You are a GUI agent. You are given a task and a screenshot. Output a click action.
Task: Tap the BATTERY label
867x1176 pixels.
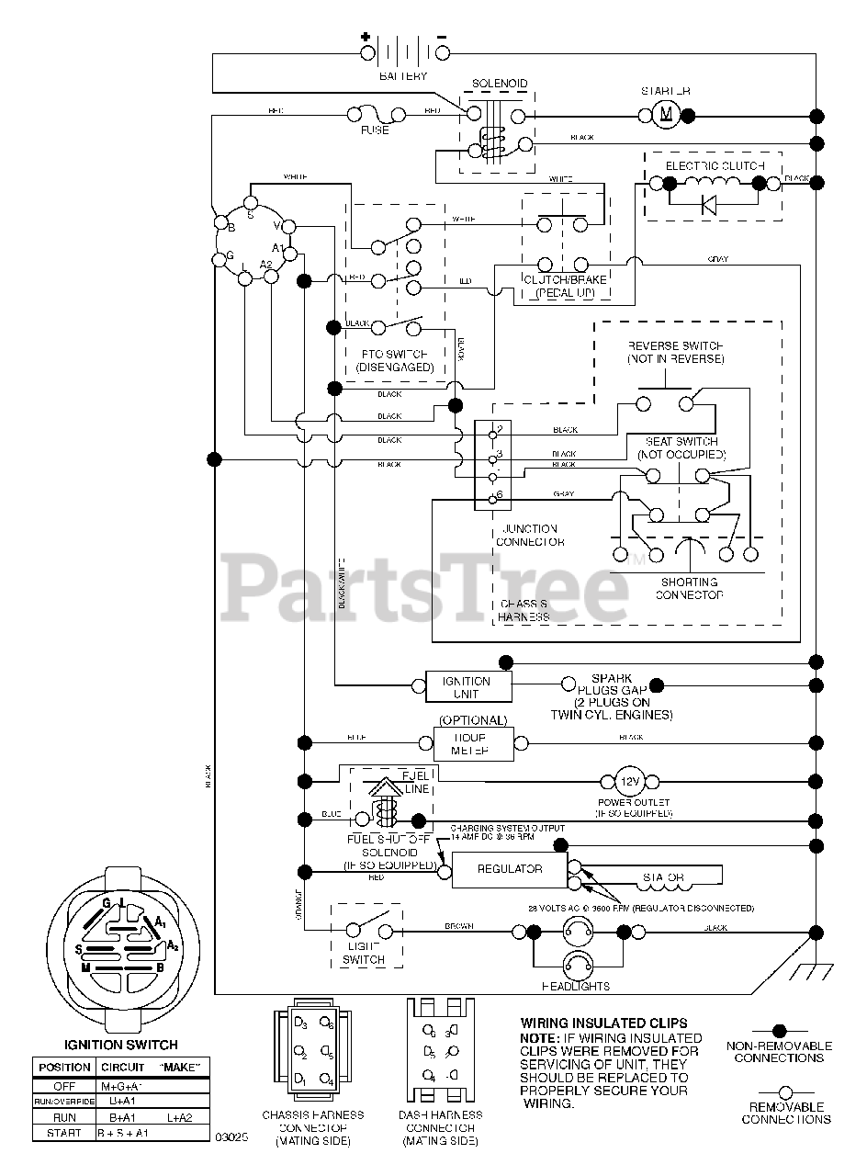403,76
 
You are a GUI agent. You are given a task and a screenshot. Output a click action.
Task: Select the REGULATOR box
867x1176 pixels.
510,869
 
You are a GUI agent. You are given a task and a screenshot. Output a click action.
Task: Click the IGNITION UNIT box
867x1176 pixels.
467,686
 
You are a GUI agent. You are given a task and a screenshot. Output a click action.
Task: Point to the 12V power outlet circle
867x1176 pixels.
629,782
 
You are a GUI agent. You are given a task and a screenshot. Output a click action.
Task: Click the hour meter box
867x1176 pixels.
473,743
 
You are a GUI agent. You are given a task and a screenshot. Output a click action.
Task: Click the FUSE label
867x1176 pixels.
374,130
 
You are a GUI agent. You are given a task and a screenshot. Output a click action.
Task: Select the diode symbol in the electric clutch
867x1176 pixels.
709,204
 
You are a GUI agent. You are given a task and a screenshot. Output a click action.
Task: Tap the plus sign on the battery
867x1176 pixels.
366,39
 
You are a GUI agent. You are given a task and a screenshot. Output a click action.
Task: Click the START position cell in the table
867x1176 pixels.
63,1133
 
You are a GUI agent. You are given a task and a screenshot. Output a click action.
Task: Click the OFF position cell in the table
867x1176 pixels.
63,1085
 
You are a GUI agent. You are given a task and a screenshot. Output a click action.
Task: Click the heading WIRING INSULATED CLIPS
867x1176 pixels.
603,1023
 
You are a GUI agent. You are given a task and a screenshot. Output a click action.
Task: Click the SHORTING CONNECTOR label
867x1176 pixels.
689,589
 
